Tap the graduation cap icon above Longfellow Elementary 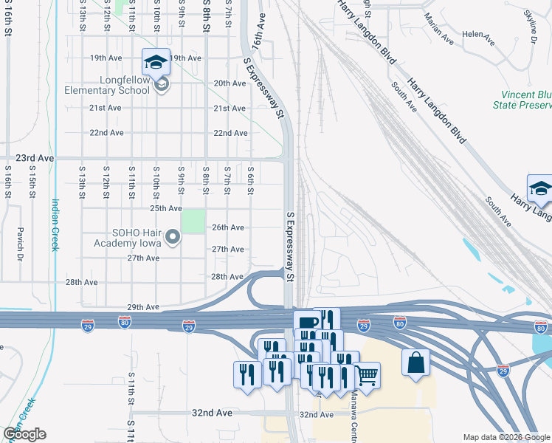(x=156, y=62)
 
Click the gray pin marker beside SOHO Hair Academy (x=173, y=237)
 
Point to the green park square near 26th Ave (x=193, y=221)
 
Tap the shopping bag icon (x=415, y=363)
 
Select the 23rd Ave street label (x=36, y=158)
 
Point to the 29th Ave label (x=143, y=307)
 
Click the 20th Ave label (x=230, y=83)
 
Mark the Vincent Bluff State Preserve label (x=525, y=100)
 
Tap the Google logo (x=24, y=434)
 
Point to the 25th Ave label (x=145, y=209)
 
